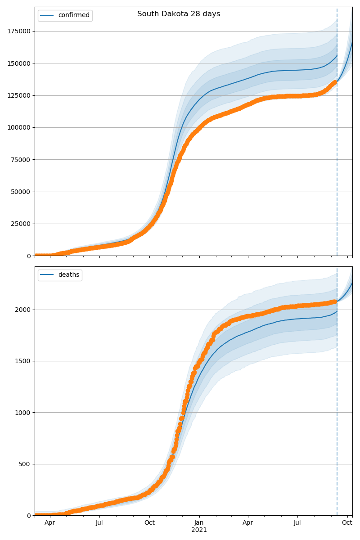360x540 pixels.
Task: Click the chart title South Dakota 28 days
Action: (179, 14)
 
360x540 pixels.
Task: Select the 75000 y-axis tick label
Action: (20, 160)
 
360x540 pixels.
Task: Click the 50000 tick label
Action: (20, 192)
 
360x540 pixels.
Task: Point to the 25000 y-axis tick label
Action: (20, 224)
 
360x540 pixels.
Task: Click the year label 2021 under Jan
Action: (199, 530)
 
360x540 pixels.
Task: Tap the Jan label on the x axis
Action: (199, 523)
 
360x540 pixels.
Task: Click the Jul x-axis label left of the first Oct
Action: (99, 523)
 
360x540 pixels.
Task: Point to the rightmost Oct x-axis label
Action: (347, 523)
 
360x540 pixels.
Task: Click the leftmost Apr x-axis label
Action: (50, 523)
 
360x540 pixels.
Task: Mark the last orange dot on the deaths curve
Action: (335, 301)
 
